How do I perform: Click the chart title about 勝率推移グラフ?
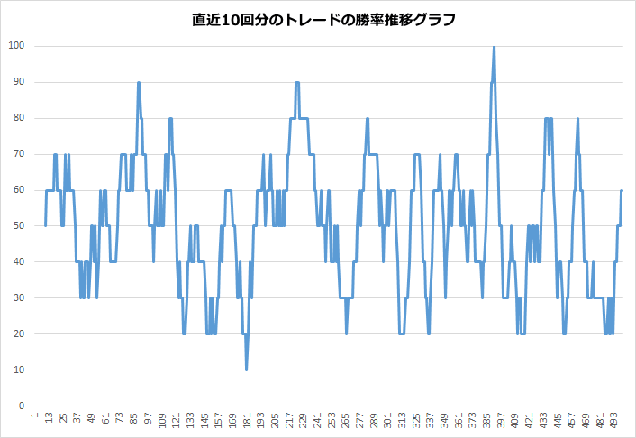[318, 19]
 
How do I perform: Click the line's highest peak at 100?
[494, 47]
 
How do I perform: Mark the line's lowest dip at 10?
[246, 370]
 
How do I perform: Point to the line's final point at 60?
[622, 190]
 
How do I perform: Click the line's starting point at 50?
[46, 225]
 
